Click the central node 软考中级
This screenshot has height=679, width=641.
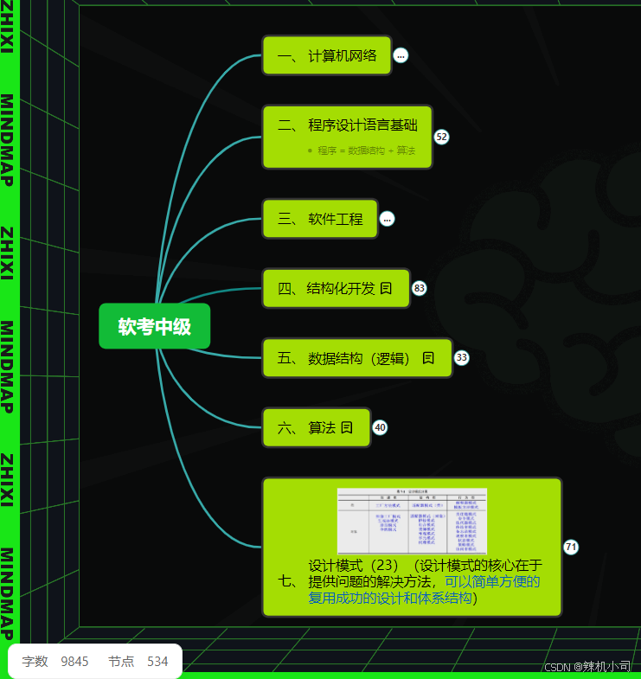155,326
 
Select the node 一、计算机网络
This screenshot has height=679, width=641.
327,56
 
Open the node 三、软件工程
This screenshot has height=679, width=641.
320,219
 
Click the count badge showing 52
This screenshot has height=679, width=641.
441,137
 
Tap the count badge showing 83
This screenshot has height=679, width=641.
420,288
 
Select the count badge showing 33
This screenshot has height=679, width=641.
462,358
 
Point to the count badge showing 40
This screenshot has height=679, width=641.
380,427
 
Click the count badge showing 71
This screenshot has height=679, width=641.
571,547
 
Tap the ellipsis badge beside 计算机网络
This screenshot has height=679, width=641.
401,56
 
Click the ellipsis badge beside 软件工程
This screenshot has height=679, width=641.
387,219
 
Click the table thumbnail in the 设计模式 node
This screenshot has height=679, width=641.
412,521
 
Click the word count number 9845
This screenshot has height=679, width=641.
74,662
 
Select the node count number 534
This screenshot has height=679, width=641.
157,662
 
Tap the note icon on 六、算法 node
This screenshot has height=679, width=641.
347,427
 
